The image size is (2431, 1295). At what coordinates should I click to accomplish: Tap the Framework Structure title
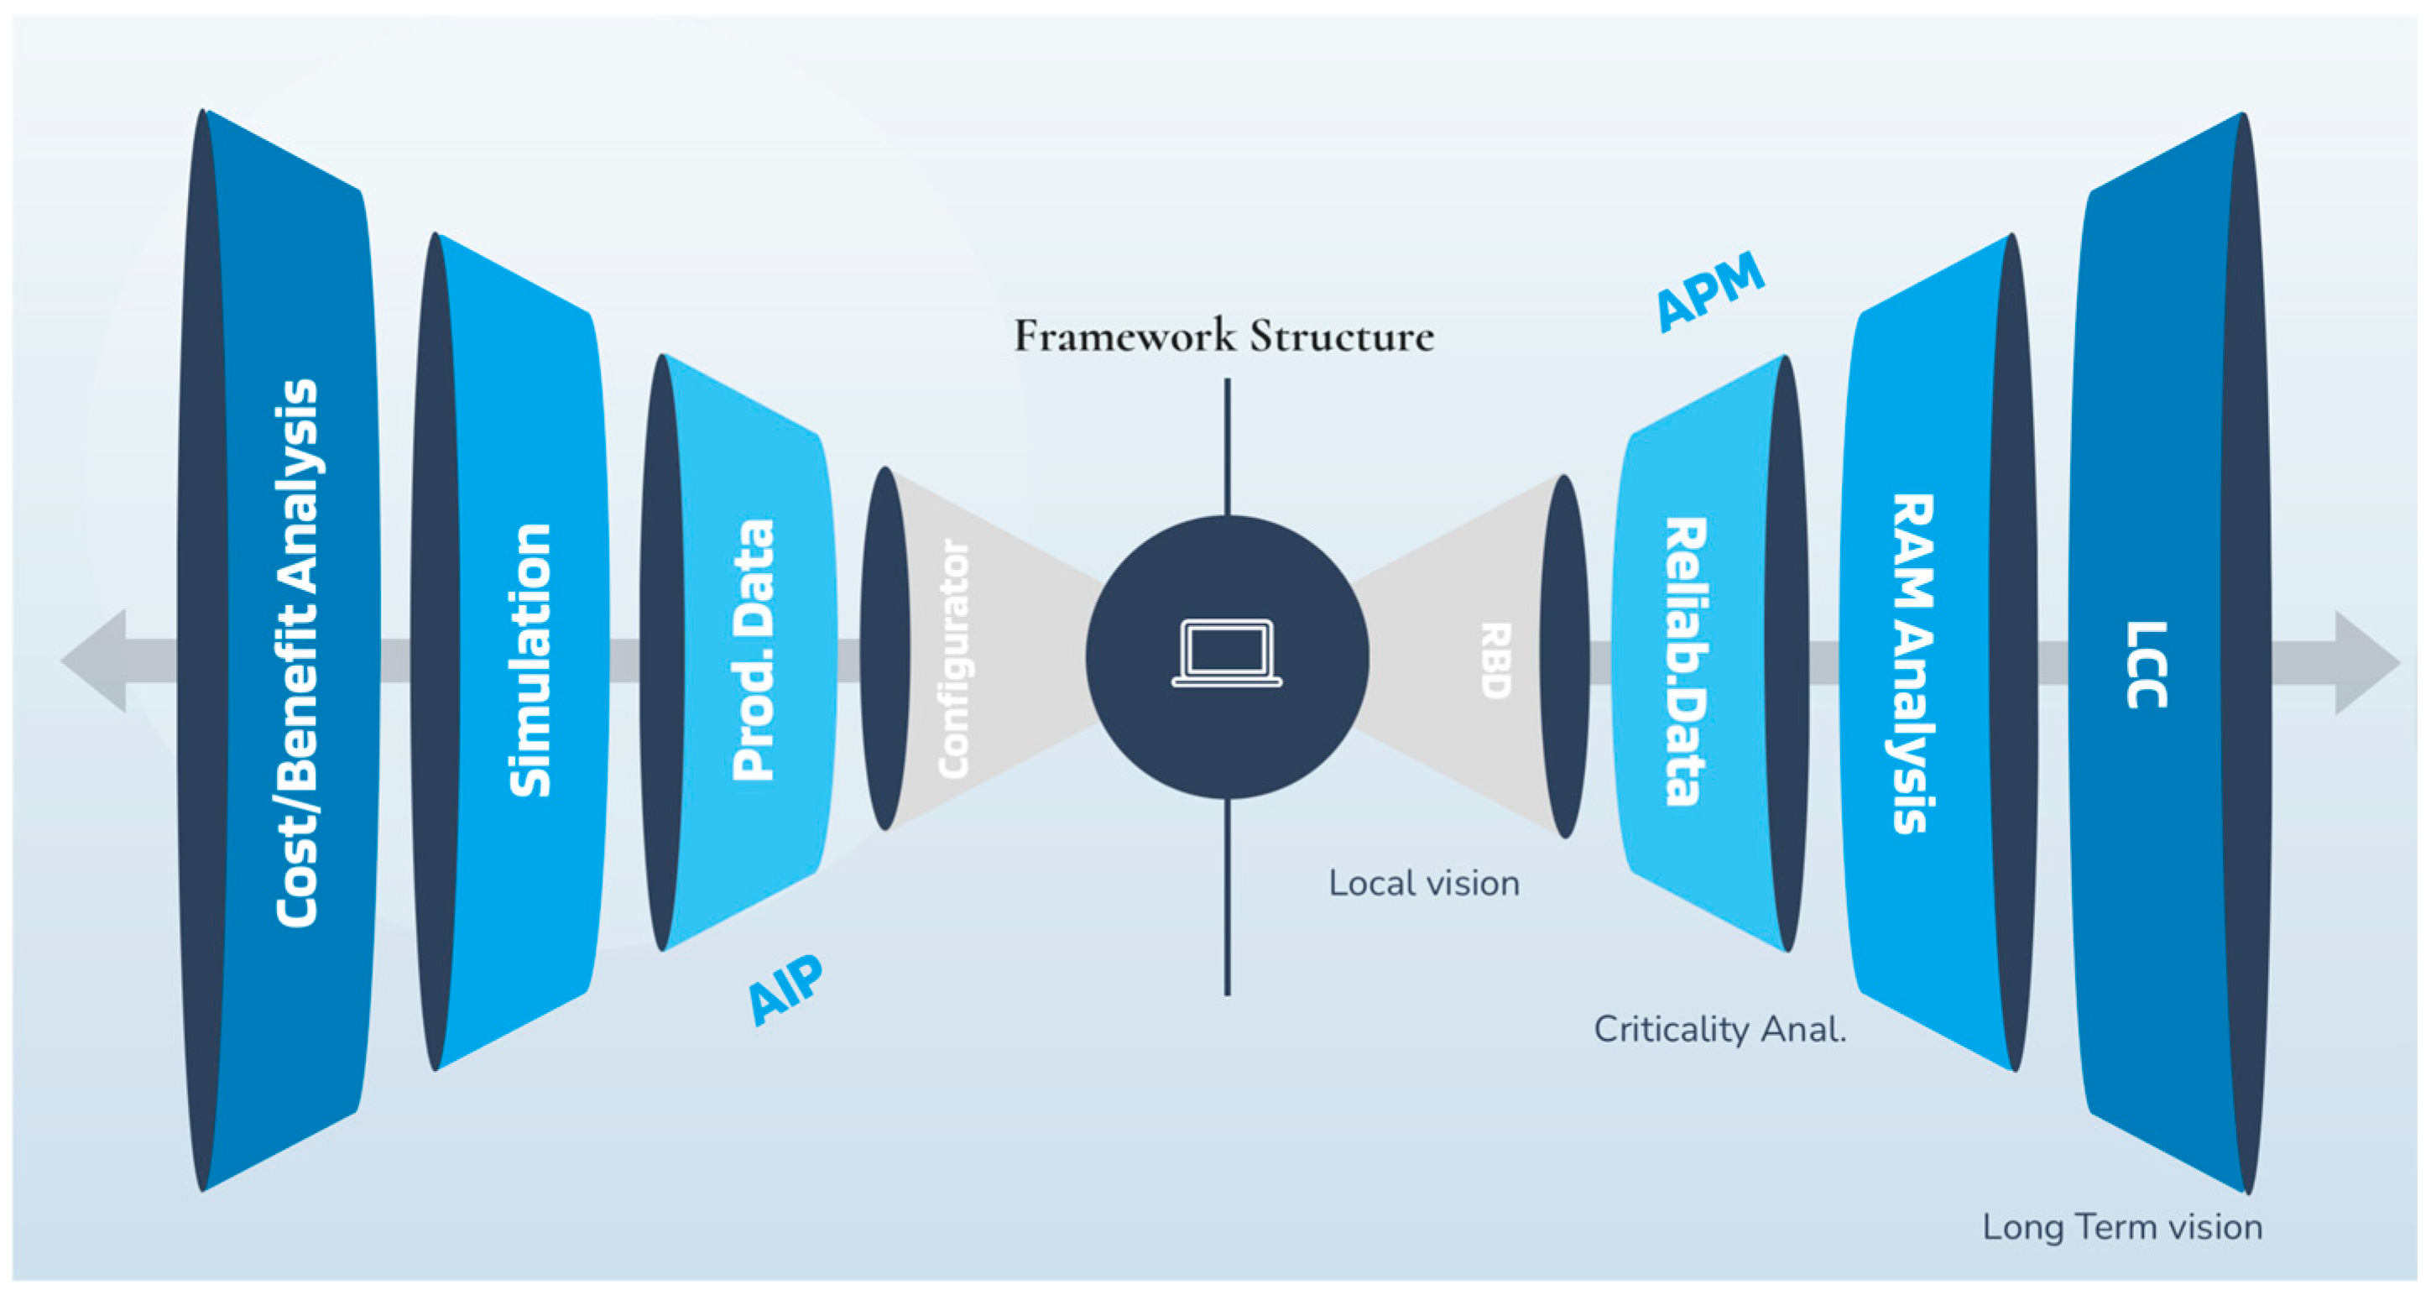(x=1224, y=336)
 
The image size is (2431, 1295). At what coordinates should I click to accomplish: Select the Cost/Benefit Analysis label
(x=296, y=653)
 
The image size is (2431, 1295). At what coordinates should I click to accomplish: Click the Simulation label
(x=529, y=660)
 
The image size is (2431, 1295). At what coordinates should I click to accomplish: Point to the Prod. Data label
(x=753, y=650)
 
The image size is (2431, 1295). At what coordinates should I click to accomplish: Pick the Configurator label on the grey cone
(x=953, y=659)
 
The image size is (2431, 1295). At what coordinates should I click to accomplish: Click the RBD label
(x=1496, y=660)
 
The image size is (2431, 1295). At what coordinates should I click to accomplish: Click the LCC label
(x=2147, y=665)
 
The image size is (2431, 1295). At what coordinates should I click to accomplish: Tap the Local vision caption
(x=1424, y=884)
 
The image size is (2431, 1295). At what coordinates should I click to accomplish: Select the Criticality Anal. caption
(x=1720, y=1029)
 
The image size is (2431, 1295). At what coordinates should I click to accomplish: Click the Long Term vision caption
(x=2122, y=1227)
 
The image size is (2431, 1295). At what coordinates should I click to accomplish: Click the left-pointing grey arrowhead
(x=94, y=661)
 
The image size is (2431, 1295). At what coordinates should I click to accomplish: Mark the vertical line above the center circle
(x=1228, y=446)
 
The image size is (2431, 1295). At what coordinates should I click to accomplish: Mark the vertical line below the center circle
(x=1228, y=896)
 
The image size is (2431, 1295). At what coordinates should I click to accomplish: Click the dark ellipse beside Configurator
(x=885, y=649)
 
